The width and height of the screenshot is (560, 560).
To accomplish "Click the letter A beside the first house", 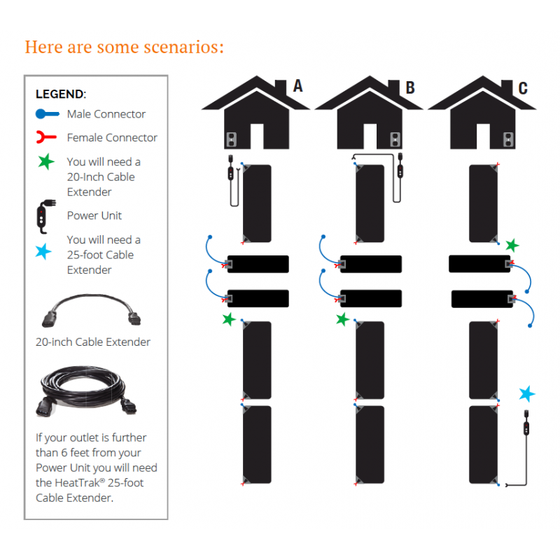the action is coord(298,85).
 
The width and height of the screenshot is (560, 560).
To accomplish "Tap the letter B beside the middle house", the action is coord(410,87).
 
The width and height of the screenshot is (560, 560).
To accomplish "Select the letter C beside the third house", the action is coord(523,88).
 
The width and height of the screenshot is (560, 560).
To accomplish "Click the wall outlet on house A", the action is coord(232,139).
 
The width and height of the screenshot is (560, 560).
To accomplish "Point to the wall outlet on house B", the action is coord(395,139).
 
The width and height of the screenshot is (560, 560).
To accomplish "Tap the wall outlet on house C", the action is coord(508,139).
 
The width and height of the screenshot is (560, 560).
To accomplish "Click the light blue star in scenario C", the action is coord(527,393).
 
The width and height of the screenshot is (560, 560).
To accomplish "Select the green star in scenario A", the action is coord(229,319).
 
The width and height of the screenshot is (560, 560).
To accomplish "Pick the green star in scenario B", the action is coord(342,319).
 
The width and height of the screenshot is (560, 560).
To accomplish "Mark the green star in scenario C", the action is coord(512,246).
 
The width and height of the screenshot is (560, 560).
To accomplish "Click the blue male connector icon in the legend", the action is coord(47,114).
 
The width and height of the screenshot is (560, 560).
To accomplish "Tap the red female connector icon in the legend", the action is coord(46,137).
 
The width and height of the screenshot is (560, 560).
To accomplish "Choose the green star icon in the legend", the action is coord(46,162).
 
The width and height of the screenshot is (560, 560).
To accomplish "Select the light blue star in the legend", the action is coord(43,251).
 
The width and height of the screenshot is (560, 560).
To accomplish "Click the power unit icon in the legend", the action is coord(44,217).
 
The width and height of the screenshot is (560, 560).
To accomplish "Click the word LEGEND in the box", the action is coord(59,94).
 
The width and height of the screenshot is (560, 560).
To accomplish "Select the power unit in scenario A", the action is coord(232,181).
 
